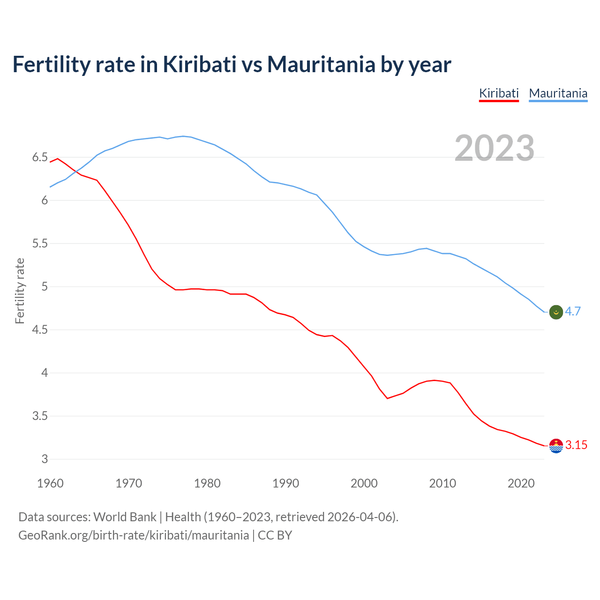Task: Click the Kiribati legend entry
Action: click(499, 93)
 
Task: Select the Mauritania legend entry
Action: click(558, 93)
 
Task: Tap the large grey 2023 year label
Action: click(495, 148)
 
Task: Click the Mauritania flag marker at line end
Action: click(556, 312)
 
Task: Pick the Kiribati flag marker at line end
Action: click(556, 446)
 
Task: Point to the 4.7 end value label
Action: click(573, 311)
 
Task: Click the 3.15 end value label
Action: click(576, 445)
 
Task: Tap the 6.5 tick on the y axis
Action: click(40, 157)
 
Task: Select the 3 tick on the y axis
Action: click(45, 459)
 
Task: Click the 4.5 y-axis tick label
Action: click(40, 330)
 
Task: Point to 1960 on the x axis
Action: click(50, 483)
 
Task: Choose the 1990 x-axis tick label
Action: click(285, 483)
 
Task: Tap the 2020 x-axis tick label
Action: click(521, 483)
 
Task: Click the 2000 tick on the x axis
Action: click(364, 483)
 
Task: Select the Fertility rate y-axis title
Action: click(20, 291)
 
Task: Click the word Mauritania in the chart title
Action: click(321, 65)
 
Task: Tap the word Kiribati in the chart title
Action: click(199, 65)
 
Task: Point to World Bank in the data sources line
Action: click(125, 517)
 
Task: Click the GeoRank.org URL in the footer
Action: click(134, 535)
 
